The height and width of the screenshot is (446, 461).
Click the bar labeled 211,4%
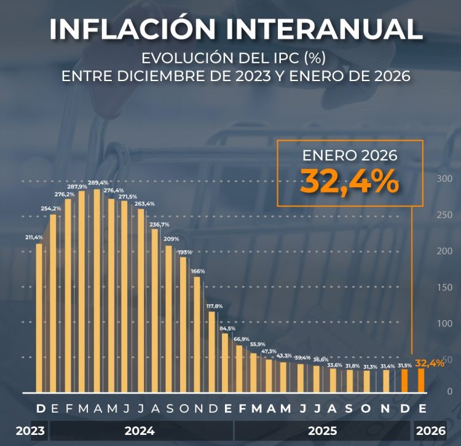click(x=39, y=318)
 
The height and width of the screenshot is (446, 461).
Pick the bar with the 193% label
click(x=183, y=324)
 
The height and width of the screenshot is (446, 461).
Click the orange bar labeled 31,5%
click(x=404, y=380)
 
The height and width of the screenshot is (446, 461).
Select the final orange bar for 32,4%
click(x=421, y=380)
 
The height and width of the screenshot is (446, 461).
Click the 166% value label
click(x=198, y=271)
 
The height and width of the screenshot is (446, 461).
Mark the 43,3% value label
click(x=284, y=356)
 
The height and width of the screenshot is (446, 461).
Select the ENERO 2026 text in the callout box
click(x=350, y=156)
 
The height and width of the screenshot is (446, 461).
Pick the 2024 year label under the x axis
click(x=140, y=431)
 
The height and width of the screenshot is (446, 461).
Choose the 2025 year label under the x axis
click(x=322, y=431)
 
